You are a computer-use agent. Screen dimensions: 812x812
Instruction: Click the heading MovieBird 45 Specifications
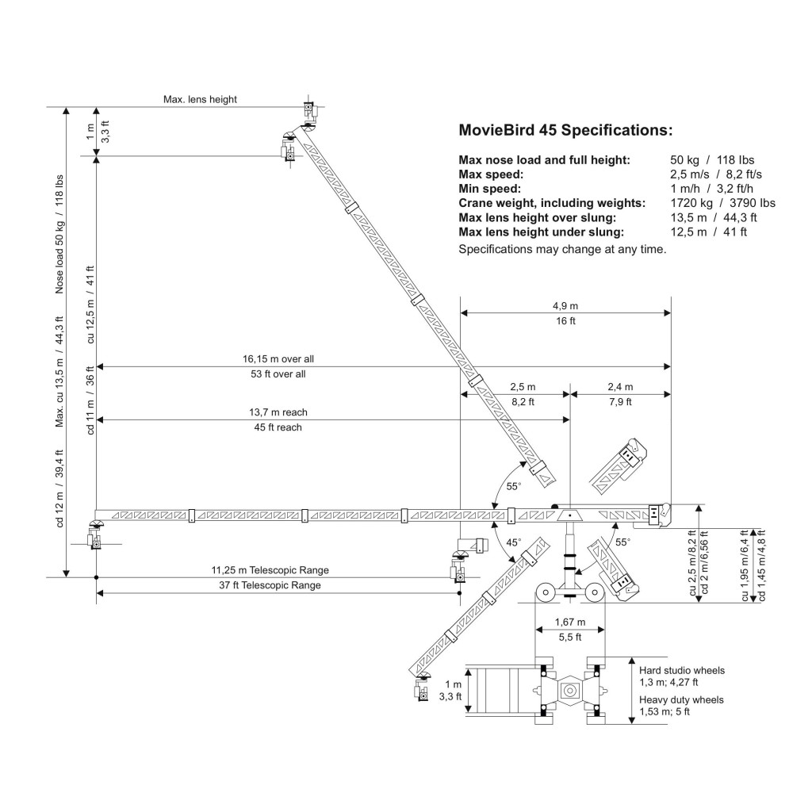click(x=565, y=129)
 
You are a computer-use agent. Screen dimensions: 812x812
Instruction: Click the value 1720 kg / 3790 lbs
click(x=722, y=203)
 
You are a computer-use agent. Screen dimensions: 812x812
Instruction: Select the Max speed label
click(x=490, y=174)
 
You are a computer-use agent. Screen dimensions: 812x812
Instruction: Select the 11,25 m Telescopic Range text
click(x=270, y=570)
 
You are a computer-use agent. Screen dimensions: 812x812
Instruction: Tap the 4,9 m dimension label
click(x=565, y=306)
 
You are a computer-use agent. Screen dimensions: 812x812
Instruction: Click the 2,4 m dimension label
click(x=619, y=387)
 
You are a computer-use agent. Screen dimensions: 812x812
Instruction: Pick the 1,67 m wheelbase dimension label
click(x=570, y=621)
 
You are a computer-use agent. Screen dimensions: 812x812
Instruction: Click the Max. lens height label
click(x=200, y=99)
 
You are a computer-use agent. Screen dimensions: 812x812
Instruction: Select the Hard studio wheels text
click(x=682, y=671)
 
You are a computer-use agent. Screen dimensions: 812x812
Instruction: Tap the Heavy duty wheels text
click(x=681, y=700)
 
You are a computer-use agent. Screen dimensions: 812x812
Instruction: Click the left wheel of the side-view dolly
click(x=544, y=594)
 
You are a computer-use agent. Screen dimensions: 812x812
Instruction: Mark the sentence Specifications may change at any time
click(x=562, y=249)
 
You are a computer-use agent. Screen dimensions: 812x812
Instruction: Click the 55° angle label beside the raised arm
click(x=512, y=486)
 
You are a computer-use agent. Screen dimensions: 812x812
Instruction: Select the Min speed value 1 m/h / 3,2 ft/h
click(x=711, y=189)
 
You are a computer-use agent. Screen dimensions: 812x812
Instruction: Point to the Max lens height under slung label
click(x=541, y=232)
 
